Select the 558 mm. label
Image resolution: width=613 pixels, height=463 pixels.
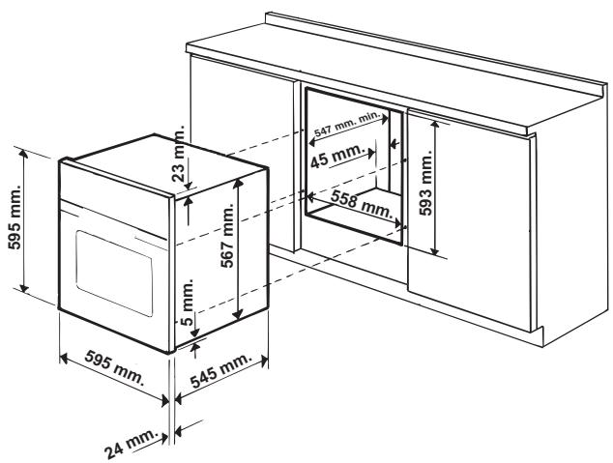click(x=359, y=201)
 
